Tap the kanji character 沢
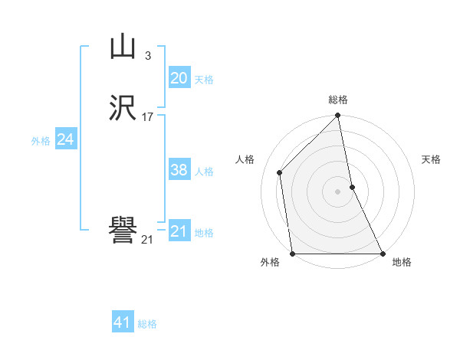point(123,110)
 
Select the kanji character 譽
point(123,230)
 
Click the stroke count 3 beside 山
point(147,56)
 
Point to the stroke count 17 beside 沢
point(148,117)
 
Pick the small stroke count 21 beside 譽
point(147,239)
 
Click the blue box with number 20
point(179,78)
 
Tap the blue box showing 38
point(179,170)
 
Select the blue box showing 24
point(66,139)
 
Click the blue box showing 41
point(123,322)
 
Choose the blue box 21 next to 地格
point(179,231)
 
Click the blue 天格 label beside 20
point(203,80)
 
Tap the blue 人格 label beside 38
point(203,172)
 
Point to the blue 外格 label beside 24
point(41,141)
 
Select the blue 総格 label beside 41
point(147,324)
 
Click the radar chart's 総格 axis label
point(338,100)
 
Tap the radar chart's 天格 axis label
point(431,159)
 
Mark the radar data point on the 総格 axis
point(338,116)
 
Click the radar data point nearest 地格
point(383,253)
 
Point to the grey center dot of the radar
point(338,191)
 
